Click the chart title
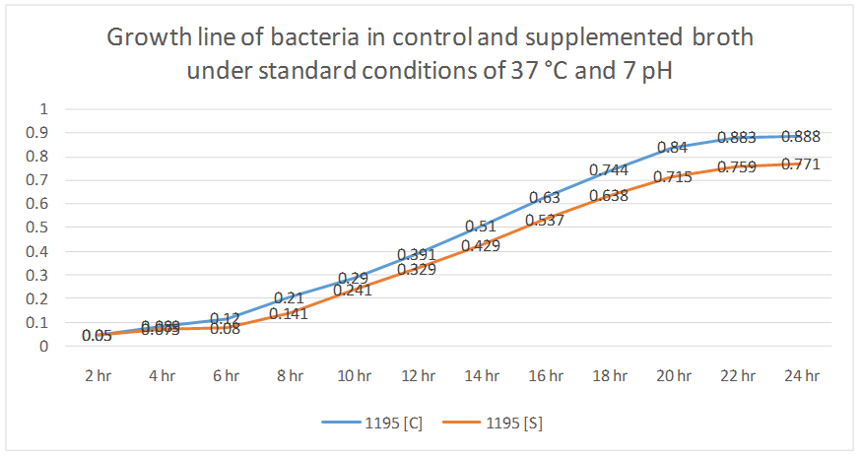click(x=430, y=55)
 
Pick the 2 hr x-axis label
click(x=98, y=375)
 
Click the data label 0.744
click(x=609, y=170)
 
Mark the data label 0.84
click(x=672, y=148)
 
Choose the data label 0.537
click(x=545, y=220)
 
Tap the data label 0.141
click(x=289, y=313)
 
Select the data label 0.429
click(x=481, y=245)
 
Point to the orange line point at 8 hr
click(x=290, y=312)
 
